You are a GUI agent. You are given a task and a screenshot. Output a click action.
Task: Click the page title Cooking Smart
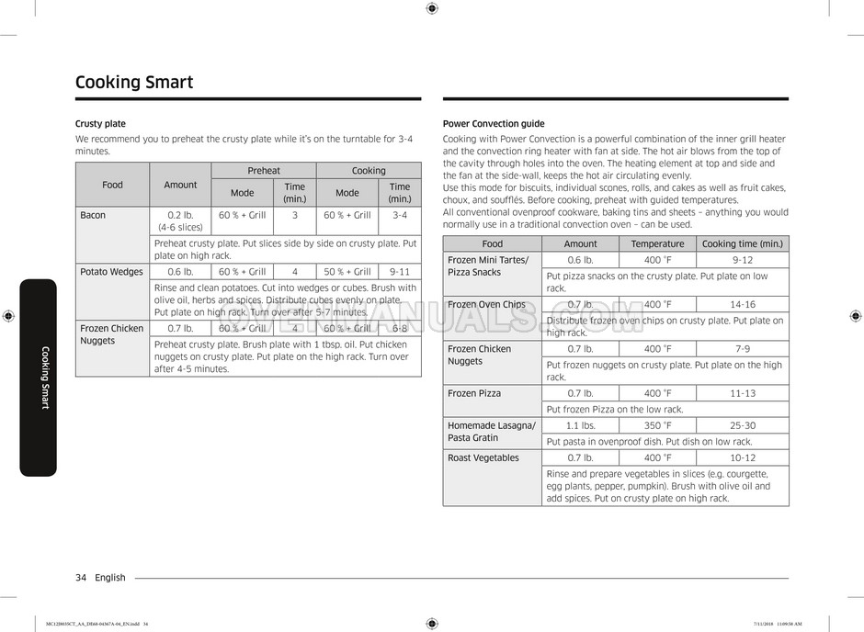click(x=134, y=83)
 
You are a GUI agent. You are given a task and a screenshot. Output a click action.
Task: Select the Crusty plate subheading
click(x=100, y=123)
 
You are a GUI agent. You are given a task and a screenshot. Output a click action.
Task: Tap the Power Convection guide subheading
click(x=494, y=123)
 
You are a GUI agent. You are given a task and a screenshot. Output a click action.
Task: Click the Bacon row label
click(x=93, y=215)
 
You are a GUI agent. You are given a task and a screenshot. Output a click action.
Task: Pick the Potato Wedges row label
click(x=111, y=272)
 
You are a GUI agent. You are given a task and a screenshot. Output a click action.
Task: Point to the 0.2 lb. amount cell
click(x=180, y=215)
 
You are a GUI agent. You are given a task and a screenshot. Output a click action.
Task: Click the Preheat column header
click(x=264, y=171)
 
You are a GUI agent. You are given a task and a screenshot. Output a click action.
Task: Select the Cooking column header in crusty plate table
click(x=369, y=171)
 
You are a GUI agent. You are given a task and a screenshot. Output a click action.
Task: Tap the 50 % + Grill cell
click(x=347, y=272)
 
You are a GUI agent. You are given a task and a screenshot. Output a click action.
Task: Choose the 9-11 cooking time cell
click(x=400, y=272)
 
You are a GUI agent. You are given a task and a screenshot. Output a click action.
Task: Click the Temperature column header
click(x=657, y=243)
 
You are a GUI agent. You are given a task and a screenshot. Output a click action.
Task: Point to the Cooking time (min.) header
click(x=743, y=243)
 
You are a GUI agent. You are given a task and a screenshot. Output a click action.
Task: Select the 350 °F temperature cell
click(x=657, y=426)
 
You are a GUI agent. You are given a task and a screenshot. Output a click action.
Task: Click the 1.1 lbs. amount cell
click(x=580, y=426)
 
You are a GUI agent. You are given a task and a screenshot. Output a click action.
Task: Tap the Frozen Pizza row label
click(x=474, y=393)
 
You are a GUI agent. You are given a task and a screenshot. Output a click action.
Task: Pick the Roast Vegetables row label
click(x=483, y=457)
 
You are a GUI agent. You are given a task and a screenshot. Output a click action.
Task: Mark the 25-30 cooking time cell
click(x=743, y=426)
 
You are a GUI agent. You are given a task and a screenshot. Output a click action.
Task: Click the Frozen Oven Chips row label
click(x=486, y=305)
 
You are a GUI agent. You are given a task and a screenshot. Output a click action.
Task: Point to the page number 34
click(x=81, y=578)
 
